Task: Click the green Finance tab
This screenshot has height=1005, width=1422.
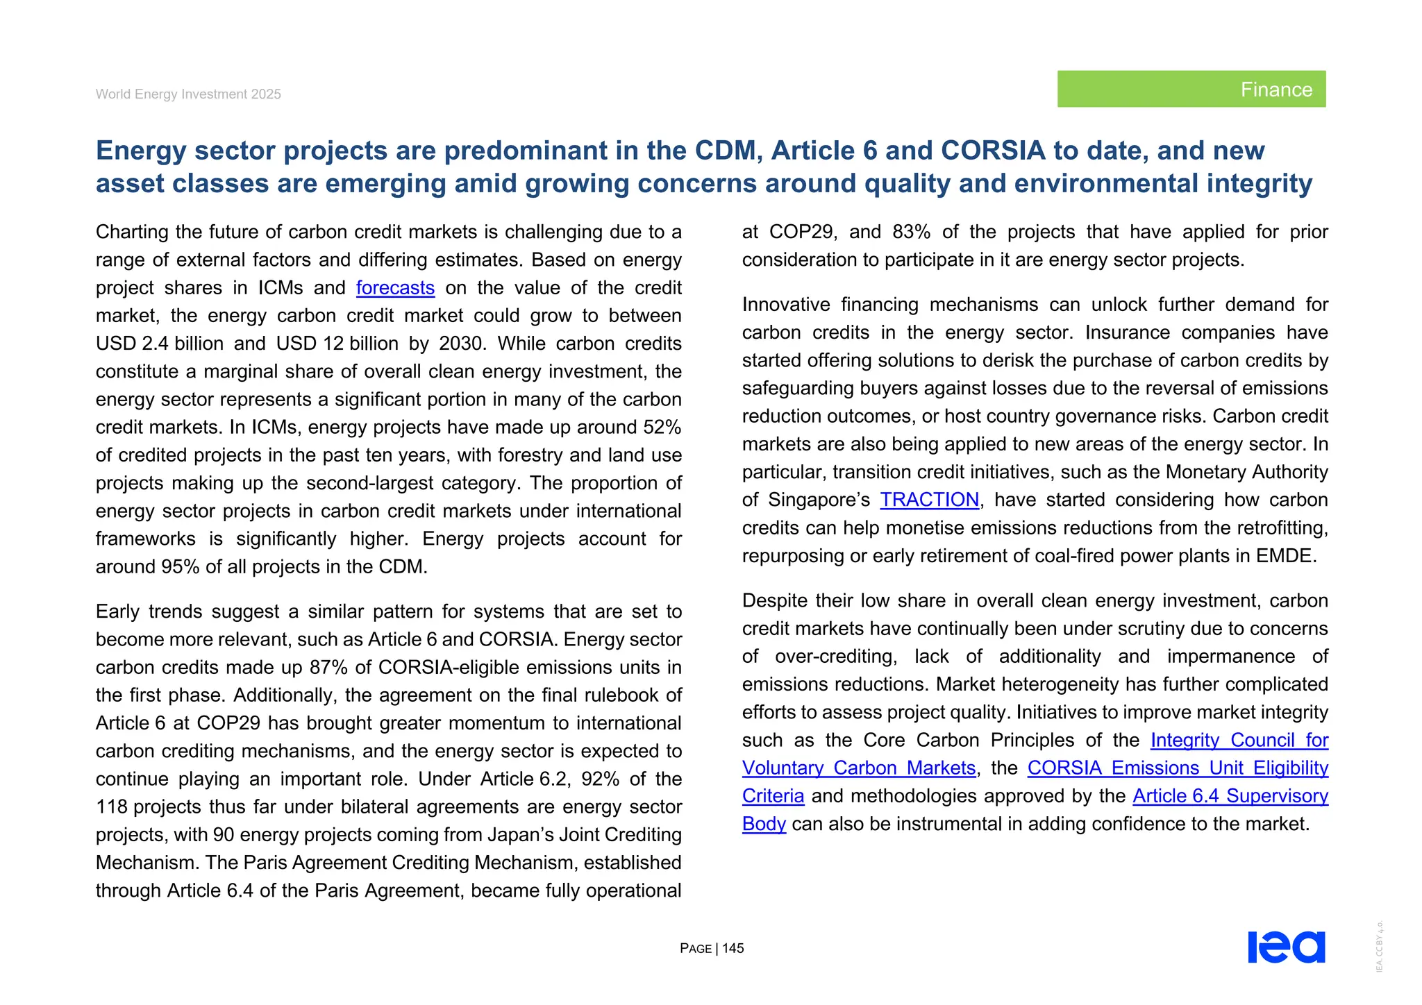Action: tap(1191, 89)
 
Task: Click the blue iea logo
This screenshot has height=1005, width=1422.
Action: tap(1286, 947)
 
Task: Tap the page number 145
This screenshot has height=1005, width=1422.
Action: tap(733, 948)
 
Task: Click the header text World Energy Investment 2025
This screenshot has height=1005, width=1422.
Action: tap(188, 94)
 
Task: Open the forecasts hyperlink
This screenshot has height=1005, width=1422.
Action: tap(395, 288)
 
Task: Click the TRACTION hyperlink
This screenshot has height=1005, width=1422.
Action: tap(929, 500)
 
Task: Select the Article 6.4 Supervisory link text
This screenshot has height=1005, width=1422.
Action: tap(1230, 796)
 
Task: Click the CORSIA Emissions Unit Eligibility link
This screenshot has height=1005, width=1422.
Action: tap(1177, 768)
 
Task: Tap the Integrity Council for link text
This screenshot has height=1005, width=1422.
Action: tap(1239, 741)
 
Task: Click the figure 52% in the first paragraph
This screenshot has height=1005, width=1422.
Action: tap(662, 428)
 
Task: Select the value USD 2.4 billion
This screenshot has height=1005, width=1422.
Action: tap(159, 344)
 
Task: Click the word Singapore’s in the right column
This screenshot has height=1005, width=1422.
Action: tap(819, 500)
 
